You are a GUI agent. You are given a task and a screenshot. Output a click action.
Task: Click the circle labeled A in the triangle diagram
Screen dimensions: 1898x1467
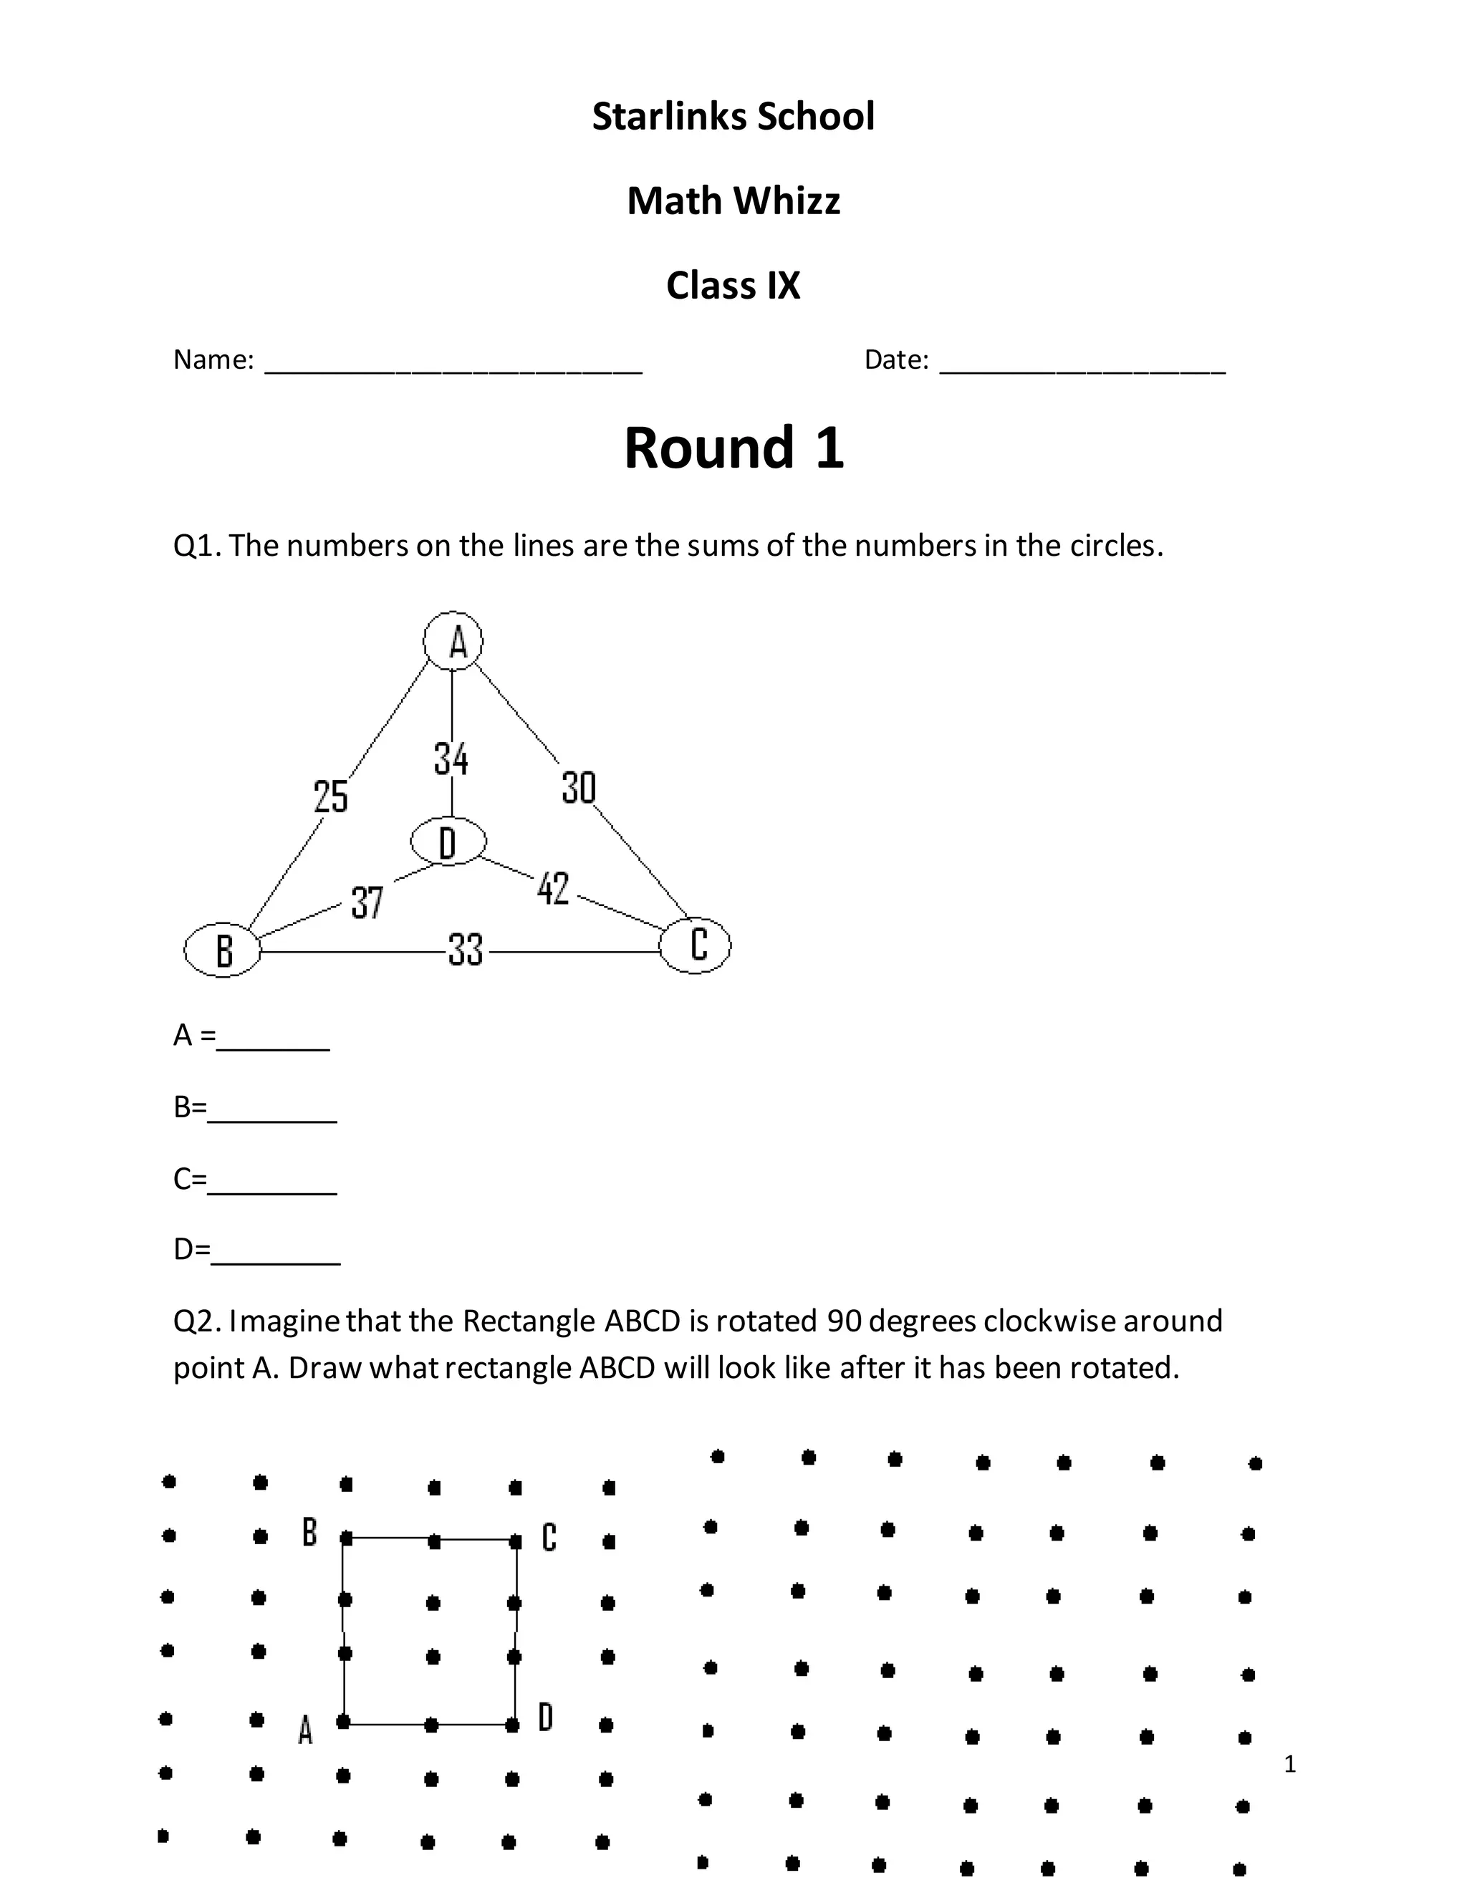(453, 641)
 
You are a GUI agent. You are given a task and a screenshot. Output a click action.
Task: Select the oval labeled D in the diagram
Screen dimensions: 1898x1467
(448, 842)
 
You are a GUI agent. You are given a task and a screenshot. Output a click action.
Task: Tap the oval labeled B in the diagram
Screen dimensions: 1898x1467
(223, 949)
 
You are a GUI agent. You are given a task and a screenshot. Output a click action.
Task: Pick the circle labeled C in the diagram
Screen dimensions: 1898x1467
(696, 945)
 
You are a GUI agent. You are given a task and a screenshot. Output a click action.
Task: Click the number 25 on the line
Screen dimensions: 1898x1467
(330, 796)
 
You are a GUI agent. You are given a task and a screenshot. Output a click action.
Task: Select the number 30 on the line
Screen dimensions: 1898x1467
(579, 787)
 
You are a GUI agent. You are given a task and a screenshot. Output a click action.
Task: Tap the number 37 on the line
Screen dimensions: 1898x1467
(367, 902)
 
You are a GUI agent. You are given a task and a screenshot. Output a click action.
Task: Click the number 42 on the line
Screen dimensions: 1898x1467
(553, 888)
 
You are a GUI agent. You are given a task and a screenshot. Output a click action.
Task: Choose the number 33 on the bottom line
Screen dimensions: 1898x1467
(466, 949)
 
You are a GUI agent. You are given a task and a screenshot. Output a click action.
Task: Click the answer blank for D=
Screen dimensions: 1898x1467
(276, 1255)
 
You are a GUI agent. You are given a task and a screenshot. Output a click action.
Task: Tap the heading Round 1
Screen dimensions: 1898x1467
(733, 448)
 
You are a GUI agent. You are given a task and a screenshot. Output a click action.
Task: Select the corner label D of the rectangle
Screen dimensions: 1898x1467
(546, 1718)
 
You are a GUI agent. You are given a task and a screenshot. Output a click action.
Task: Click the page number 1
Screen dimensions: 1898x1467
(1289, 1764)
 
